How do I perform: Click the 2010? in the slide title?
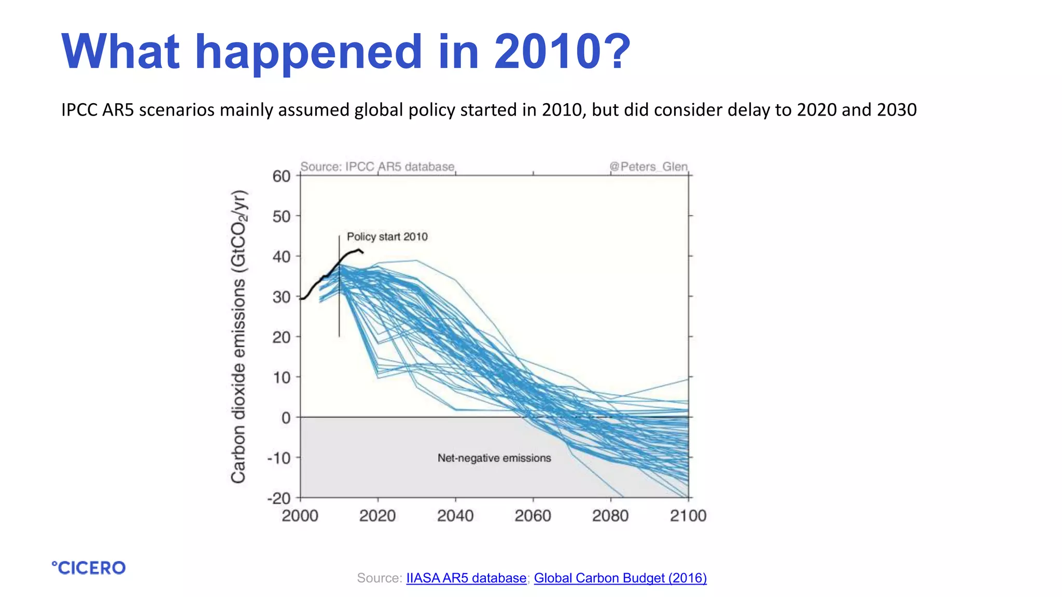pos(562,52)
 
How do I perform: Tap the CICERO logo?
pos(89,568)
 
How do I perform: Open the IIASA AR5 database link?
pos(466,578)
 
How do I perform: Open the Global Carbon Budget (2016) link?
pos(620,578)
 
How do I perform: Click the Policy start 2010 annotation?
pos(387,237)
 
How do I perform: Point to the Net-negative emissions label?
pos(494,458)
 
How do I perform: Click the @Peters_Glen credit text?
pos(648,167)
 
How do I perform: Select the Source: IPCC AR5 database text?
pos(378,167)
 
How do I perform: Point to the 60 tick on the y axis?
pos(282,176)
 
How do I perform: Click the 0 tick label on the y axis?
pos(286,418)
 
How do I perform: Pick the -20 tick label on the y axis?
pos(279,499)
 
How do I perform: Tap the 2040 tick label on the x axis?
pos(455,516)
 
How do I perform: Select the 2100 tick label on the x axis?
pos(688,516)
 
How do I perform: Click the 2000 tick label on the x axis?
pos(300,516)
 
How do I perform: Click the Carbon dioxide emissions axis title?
pos(239,337)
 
